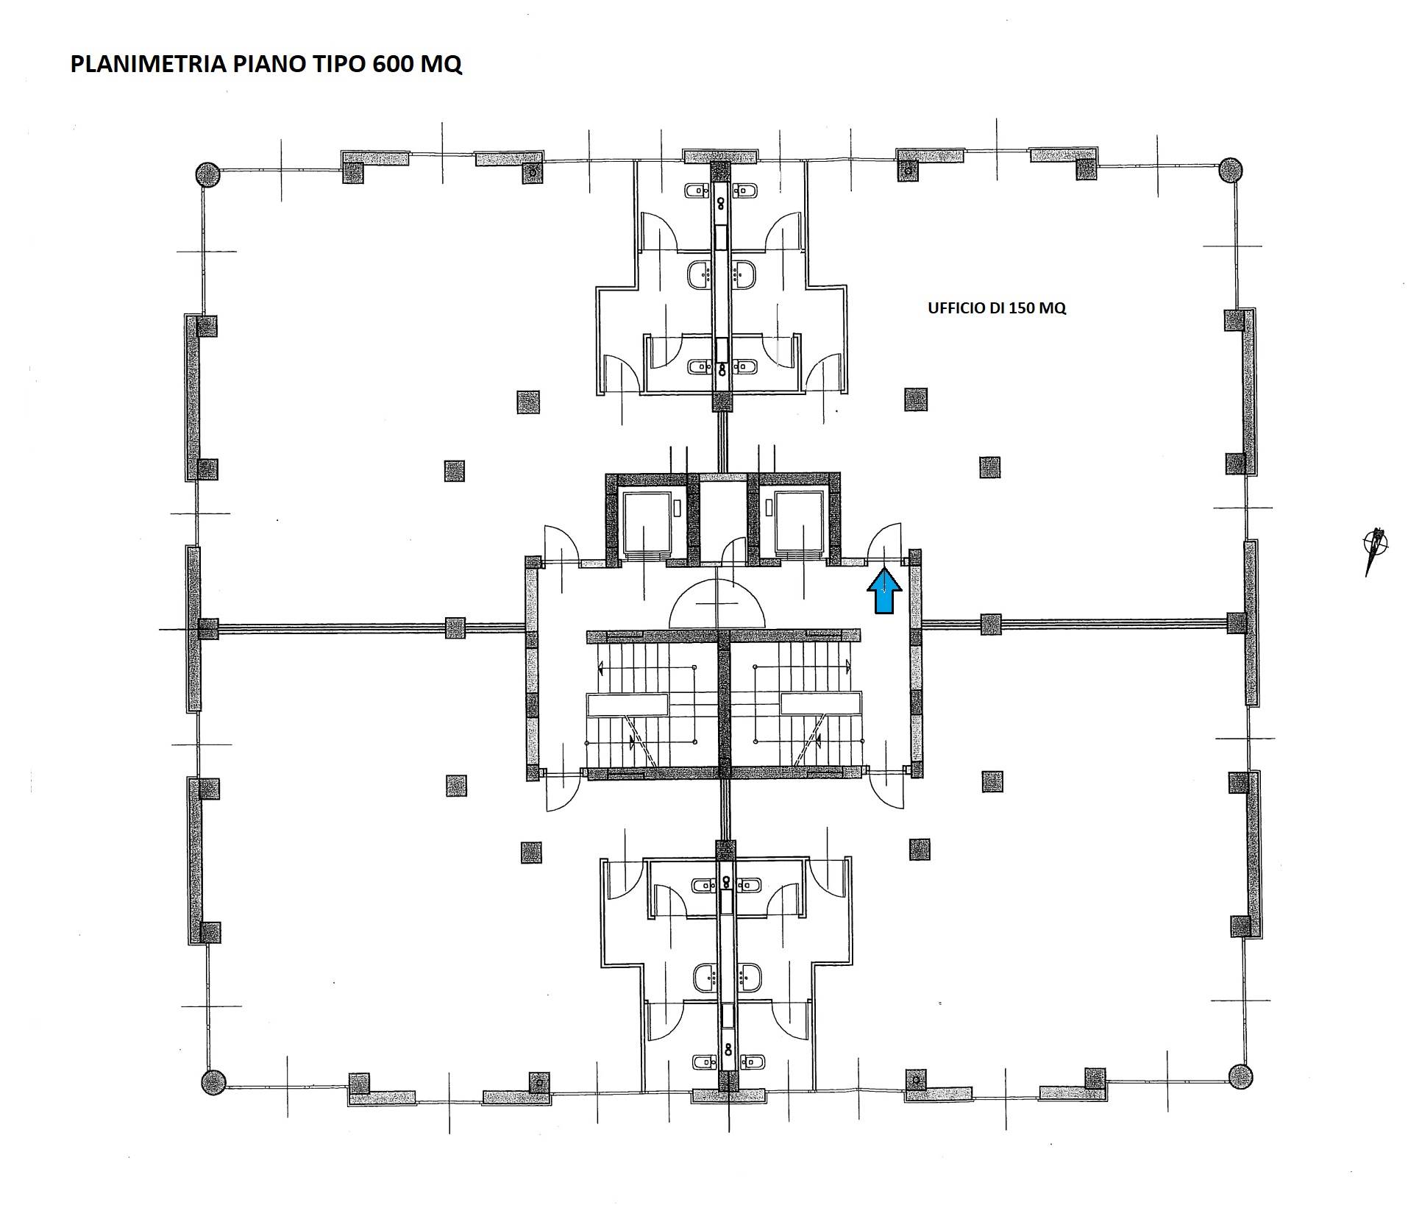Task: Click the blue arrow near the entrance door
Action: tap(883, 591)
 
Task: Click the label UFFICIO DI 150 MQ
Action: tap(996, 308)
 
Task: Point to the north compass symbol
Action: tap(1375, 550)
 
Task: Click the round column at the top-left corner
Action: tap(207, 174)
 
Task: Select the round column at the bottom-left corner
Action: tap(213, 1081)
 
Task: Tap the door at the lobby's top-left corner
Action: tap(561, 545)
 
